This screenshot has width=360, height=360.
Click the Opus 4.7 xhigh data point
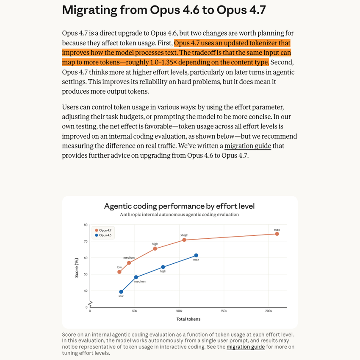(x=184, y=240)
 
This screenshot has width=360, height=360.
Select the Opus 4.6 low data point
(x=121, y=292)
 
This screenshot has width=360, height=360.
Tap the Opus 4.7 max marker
(x=277, y=234)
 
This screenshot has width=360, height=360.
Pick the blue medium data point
(x=136, y=277)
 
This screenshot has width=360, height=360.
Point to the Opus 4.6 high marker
(x=163, y=267)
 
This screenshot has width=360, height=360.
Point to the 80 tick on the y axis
(x=86, y=225)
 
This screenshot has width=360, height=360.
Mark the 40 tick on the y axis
(x=86, y=291)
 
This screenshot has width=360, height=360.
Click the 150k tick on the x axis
(x=224, y=311)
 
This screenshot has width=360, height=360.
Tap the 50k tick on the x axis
(x=134, y=311)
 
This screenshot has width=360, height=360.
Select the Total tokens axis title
(x=188, y=319)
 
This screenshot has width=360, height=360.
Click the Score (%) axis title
(x=76, y=268)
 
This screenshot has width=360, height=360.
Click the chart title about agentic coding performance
(x=179, y=207)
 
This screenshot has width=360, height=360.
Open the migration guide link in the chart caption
(x=246, y=347)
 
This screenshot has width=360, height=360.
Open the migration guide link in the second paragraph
(x=248, y=146)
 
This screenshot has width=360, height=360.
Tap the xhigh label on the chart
(x=184, y=235)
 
